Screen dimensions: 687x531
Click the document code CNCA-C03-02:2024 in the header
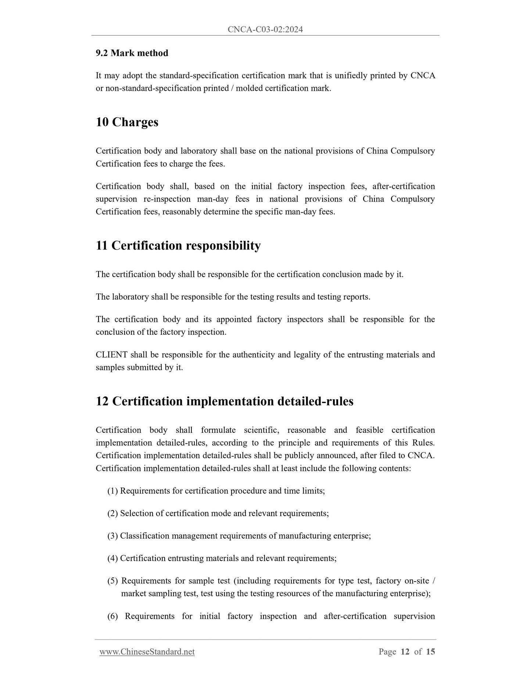click(x=265, y=29)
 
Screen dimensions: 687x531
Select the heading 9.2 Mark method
click(x=132, y=53)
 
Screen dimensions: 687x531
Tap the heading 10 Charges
click(x=127, y=122)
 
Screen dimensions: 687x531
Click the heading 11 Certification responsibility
click(x=178, y=245)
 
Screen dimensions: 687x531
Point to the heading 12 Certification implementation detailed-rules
click(x=225, y=401)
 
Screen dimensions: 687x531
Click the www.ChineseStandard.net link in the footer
click(x=147, y=652)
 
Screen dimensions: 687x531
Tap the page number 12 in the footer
click(x=405, y=652)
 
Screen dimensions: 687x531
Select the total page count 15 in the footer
click(x=431, y=652)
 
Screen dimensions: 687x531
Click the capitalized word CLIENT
click(x=111, y=355)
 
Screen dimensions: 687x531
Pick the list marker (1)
click(x=112, y=491)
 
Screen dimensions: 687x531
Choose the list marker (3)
click(x=112, y=536)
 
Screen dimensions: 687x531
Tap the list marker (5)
click(x=112, y=581)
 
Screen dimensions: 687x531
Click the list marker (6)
click(x=112, y=616)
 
